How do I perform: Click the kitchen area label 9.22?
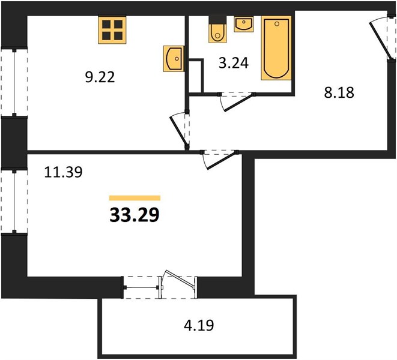[x=100, y=77]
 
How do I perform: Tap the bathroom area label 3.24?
[x=234, y=63]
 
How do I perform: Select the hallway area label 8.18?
[x=339, y=92]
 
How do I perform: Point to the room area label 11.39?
[x=63, y=172]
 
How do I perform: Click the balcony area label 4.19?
[x=199, y=325]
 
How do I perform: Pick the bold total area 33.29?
[x=135, y=215]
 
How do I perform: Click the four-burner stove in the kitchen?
[x=112, y=30]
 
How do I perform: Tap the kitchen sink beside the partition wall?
[x=174, y=59]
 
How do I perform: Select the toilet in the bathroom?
[x=217, y=29]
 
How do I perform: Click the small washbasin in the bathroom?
[x=244, y=24]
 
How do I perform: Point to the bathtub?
[x=276, y=48]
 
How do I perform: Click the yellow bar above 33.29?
[x=135, y=198]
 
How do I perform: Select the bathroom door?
[x=237, y=101]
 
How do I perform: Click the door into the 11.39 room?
[x=219, y=160]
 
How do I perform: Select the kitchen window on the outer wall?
[x=14, y=82]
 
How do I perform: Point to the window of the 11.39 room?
[x=14, y=202]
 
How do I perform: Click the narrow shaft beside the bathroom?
[x=196, y=76]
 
